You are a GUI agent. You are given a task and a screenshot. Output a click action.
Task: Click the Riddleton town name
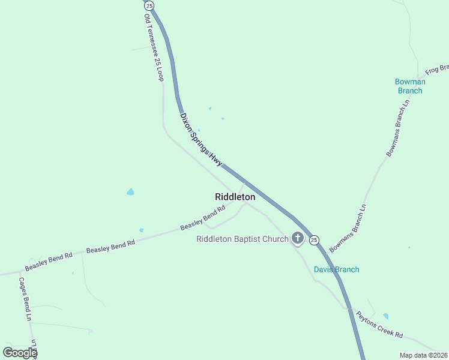click(x=235, y=197)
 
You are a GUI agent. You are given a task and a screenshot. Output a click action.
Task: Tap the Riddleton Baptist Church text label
click(x=243, y=239)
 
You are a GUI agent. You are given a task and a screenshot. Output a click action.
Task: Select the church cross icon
click(x=297, y=239)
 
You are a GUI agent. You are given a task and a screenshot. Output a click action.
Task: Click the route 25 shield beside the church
click(x=315, y=240)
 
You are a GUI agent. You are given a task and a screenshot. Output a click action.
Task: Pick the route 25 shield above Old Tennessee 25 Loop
click(x=149, y=5)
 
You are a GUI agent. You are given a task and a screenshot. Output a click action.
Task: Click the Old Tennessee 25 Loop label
click(x=154, y=49)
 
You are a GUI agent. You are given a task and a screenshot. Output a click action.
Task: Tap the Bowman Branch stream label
click(x=410, y=86)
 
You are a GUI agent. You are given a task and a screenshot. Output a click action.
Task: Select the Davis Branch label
click(x=336, y=269)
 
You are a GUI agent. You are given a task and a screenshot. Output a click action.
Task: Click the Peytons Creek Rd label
click(x=379, y=325)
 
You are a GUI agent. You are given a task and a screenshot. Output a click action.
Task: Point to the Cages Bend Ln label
click(x=25, y=299)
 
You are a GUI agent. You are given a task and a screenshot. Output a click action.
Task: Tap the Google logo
click(x=20, y=353)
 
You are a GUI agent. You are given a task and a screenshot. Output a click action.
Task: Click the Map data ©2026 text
click(x=423, y=355)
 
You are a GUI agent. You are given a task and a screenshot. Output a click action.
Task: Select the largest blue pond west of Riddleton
click(x=130, y=192)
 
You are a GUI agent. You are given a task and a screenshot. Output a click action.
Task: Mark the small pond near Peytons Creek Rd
click(x=385, y=316)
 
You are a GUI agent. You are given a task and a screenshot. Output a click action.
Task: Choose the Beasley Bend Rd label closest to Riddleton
click(x=202, y=218)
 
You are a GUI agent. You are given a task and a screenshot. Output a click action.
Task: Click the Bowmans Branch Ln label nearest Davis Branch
click(x=348, y=224)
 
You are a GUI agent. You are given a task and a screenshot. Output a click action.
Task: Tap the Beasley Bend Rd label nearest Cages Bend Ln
click(x=49, y=262)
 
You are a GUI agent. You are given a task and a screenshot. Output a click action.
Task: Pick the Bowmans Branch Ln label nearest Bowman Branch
click(x=398, y=127)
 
